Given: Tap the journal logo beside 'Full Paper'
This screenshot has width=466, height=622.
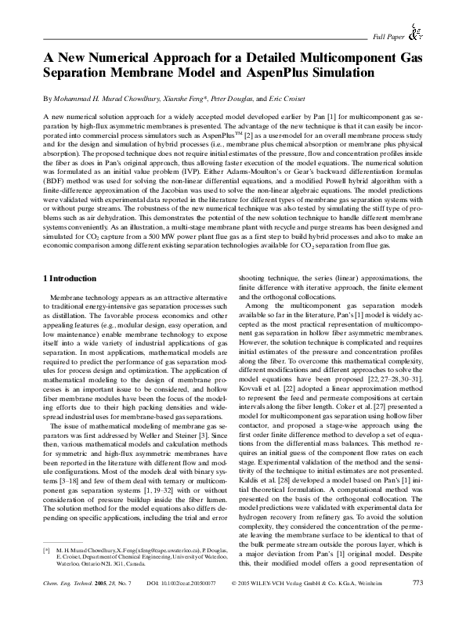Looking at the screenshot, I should (x=417, y=32).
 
